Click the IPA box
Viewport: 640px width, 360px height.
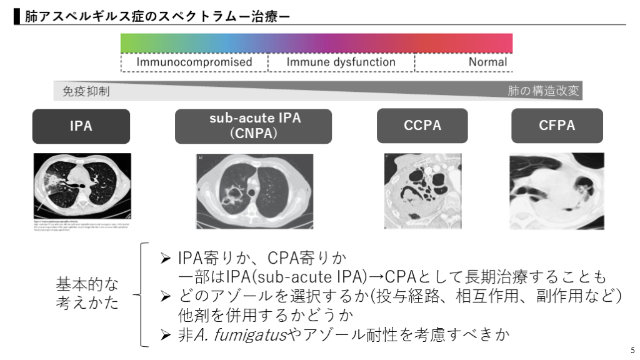click(x=81, y=126)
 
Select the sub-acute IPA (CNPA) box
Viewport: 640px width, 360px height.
click(x=255, y=126)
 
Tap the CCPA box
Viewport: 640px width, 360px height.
click(x=422, y=126)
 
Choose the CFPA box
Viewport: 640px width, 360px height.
click(x=556, y=126)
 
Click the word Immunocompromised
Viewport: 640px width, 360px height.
click(x=194, y=62)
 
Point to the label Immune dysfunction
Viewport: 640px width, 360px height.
click(x=341, y=62)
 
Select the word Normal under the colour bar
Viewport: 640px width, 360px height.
click(x=487, y=62)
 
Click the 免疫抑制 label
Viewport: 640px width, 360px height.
click(x=86, y=91)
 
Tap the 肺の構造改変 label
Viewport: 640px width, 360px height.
click(x=543, y=91)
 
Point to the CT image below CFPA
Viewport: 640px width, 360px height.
click(x=556, y=191)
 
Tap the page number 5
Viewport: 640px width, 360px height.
click(x=632, y=350)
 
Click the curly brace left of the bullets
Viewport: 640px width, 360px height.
click(x=140, y=294)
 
